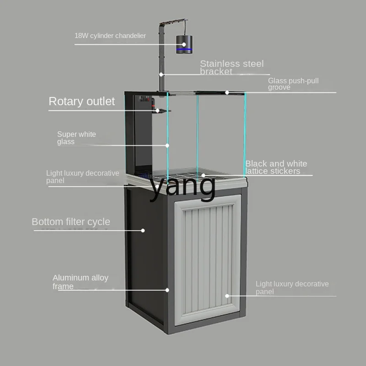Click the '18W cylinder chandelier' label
pos(110,36)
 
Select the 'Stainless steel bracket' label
pos(231,68)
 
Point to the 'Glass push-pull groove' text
pos(293,84)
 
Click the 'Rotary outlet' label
pos(82,101)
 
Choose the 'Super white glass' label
pos(76,138)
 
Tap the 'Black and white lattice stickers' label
pos(276,167)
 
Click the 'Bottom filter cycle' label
pos(71,222)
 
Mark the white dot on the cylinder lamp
pos(184,45)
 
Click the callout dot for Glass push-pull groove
pos(227,92)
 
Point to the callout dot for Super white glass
pos(167,145)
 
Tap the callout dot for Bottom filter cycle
pos(143,230)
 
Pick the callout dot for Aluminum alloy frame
pos(167,290)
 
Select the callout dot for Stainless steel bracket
pos(161,74)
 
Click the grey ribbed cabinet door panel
pos(208,258)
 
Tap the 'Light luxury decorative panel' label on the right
pos(292,288)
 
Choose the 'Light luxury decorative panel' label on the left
pos(82,177)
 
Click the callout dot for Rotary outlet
pos(158,110)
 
